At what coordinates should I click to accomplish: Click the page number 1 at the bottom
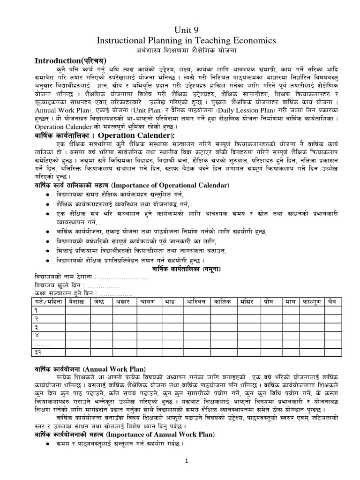pos(186,461)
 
